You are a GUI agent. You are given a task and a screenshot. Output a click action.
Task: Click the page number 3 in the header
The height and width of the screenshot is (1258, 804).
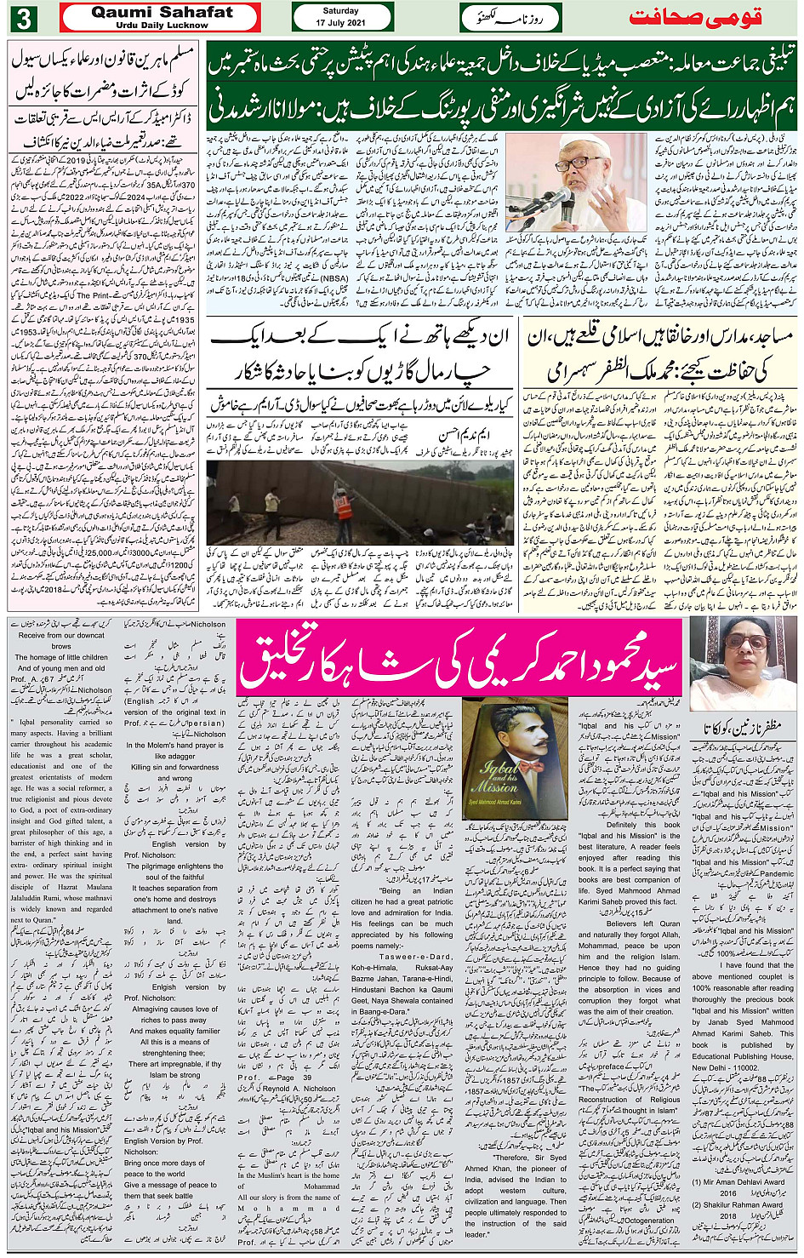(x=30, y=16)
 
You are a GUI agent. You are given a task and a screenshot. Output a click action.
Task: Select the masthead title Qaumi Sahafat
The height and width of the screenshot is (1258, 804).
(x=161, y=12)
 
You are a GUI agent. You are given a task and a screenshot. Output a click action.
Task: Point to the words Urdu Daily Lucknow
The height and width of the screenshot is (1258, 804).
(x=161, y=25)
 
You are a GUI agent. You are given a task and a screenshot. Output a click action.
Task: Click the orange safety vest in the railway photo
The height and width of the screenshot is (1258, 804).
(x=345, y=508)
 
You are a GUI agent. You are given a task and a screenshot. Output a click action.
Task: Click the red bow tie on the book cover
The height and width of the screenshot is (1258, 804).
(x=509, y=768)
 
